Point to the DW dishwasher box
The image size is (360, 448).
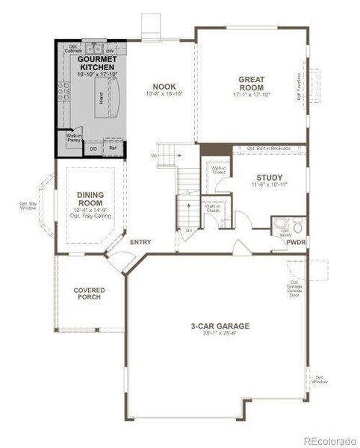(109, 51)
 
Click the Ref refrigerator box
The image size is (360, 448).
(113, 149)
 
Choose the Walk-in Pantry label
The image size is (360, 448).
(74, 138)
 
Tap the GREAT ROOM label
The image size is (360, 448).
(252, 84)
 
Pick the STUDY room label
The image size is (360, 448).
(262, 178)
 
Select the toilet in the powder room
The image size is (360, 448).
(297, 224)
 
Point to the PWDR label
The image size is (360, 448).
(297, 243)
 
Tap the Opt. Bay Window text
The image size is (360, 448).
(28, 205)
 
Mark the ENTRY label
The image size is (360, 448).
(140, 243)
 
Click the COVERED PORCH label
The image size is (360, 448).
(88, 293)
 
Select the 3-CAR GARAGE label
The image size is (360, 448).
(219, 326)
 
